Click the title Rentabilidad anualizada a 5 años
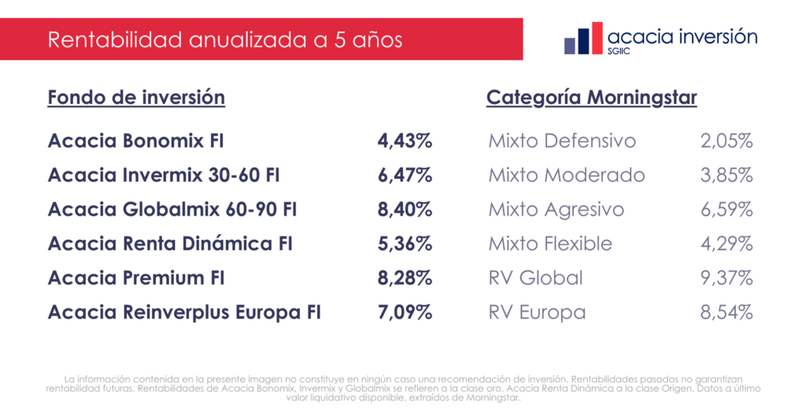pyautogui.click(x=225, y=40)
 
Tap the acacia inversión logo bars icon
pyautogui.click(x=586, y=39)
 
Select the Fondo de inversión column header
pyautogui.click(x=136, y=98)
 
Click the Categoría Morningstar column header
pyautogui.click(x=592, y=98)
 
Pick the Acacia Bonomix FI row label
pyautogui.click(x=136, y=142)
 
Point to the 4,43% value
pyautogui.click(x=405, y=142)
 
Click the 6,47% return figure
pyautogui.click(x=405, y=175)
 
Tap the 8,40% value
pyautogui.click(x=405, y=210)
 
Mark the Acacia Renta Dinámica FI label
pyautogui.click(x=170, y=244)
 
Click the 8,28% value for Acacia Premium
pyautogui.click(x=405, y=278)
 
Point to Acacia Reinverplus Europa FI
pyautogui.click(x=185, y=312)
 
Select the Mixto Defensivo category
pyautogui.click(x=562, y=142)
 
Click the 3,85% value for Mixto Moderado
pyautogui.click(x=727, y=175)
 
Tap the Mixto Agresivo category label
pyautogui.click(x=556, y=210)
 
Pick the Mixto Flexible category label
pyautogui.click(x=550, y=244)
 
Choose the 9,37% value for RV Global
pyautogui.click(x=727, y=278)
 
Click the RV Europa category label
pyautogui.click(x=537, y=312)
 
